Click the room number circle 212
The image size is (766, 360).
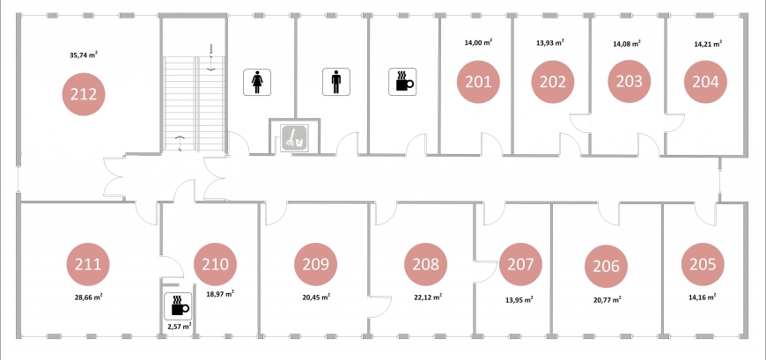tap(84, 94)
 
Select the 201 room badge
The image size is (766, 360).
tap(478, 82)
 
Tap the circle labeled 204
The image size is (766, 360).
tap(705, 82)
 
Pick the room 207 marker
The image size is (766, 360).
tap(520, 264)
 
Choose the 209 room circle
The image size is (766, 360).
tap(315, 264)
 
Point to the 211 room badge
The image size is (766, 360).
tap(88, 264)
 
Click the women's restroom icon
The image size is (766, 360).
tap(257, 82)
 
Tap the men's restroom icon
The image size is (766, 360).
tap(336, 82)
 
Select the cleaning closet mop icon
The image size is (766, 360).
tap(294, 137)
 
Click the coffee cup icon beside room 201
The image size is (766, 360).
tap(402, 82)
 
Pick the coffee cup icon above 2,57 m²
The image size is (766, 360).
tap(178, 306)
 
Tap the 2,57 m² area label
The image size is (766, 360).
tap(179, 326)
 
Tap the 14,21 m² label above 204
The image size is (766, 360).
tap(708, 43)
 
